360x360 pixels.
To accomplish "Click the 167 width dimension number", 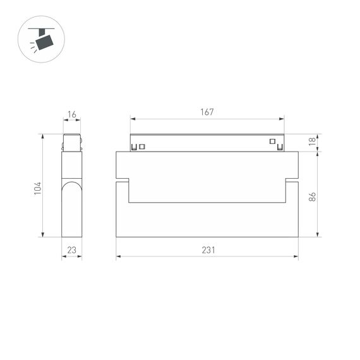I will click(207, 112).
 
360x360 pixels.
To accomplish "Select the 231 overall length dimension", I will click(208, 250).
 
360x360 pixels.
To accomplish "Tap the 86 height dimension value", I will click(312, 197).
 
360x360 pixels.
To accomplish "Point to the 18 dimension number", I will click(312, 143).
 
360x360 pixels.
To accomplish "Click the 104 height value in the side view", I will click(37, 188).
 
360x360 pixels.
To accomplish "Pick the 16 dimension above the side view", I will click(71, 114).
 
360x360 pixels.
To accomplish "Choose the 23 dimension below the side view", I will click(71, 250).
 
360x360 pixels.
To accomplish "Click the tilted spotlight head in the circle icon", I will click(44, 42).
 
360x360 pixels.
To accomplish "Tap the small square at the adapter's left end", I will click(142, 147).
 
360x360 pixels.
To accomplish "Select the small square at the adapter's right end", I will click(273, 141).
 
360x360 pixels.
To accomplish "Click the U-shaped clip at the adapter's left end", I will click(134, 148).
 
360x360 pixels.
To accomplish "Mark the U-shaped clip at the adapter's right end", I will click(280, 148).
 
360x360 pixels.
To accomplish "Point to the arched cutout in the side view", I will click(71, 189).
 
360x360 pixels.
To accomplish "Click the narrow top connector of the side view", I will click(71, 142).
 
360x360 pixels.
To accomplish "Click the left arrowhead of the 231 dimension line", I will click(118, 256).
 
